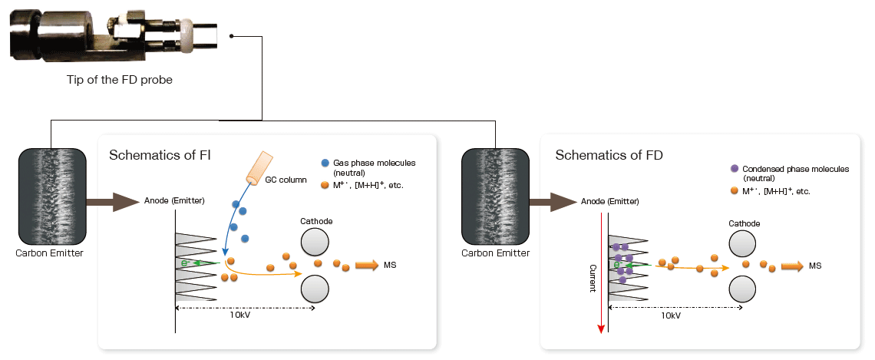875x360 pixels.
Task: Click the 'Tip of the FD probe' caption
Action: point(119,79)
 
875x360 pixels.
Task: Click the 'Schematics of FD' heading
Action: point(609,154)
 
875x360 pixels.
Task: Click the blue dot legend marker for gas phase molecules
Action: point(325,163)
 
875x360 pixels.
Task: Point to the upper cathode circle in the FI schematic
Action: point(316,243)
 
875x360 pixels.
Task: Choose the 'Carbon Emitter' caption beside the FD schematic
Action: point(496,252)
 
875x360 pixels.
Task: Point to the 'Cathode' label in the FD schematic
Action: point(744,223)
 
